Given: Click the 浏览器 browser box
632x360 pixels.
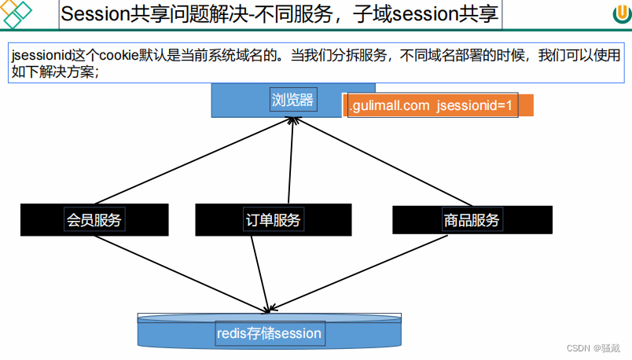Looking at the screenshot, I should [292, 100].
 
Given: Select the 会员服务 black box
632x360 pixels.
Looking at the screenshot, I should [94, 220].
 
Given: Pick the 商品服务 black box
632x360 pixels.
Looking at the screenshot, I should [471, 220].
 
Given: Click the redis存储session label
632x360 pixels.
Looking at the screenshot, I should [269, 333].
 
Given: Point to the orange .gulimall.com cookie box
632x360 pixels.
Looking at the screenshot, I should [439, 105].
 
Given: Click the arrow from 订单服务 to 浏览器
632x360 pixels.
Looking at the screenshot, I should [290, 161].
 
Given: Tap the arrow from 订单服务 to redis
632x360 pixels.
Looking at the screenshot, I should [260, 271].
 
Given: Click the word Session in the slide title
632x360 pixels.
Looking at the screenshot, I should [90, 14].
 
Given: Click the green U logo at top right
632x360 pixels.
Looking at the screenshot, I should [619, 15].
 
